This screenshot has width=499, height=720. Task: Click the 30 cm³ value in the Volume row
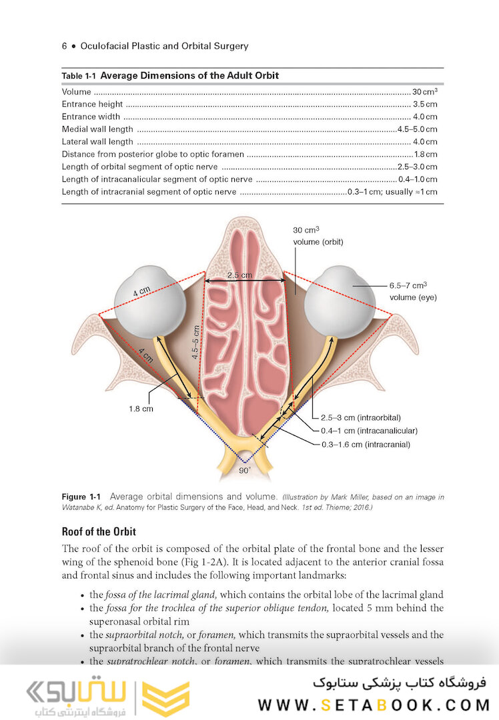click(x=424, y=91)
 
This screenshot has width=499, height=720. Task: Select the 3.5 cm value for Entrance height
click(x=425, y=104)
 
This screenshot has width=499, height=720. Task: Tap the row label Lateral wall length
click(x=97, y=142)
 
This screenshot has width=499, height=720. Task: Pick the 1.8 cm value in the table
click(x=425, y=154)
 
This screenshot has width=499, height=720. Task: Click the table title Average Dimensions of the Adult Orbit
click(x=189, y=75)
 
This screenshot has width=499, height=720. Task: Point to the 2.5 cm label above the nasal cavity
click(x=239, y=275)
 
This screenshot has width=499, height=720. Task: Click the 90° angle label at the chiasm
click(x=245, y=470)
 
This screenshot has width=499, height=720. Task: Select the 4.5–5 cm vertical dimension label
click(x=195, y=342)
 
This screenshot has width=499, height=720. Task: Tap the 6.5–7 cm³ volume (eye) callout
click(x=413, y=291)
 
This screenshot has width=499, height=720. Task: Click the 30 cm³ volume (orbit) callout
click(x=318, y=235)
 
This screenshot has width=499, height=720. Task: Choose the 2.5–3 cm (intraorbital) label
click(x=361, y=418)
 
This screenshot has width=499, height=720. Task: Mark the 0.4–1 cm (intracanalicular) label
click(x=369, y=431)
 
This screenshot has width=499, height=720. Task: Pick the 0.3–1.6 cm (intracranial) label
click(x=366, y=445)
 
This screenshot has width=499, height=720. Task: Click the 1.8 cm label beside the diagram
click(x=141, y=409)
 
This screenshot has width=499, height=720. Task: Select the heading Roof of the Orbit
click(x=99, y=532)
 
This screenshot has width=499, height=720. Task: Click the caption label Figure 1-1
click(x=81, y=497)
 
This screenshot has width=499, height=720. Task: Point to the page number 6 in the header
click(x=64, y=46)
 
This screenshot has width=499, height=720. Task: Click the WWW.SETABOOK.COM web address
click(x=374, y=705)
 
